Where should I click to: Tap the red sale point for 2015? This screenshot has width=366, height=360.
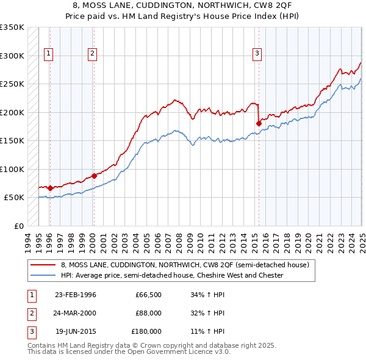259,123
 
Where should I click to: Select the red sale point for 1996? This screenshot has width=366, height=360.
49,188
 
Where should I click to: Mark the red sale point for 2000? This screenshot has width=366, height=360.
94,176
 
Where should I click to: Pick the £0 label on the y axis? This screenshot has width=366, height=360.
18,226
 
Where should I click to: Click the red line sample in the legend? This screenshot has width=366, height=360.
43,265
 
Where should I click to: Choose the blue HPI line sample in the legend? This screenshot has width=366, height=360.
43,275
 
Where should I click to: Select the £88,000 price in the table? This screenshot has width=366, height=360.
147,314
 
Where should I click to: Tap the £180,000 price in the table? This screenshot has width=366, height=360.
145,331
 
